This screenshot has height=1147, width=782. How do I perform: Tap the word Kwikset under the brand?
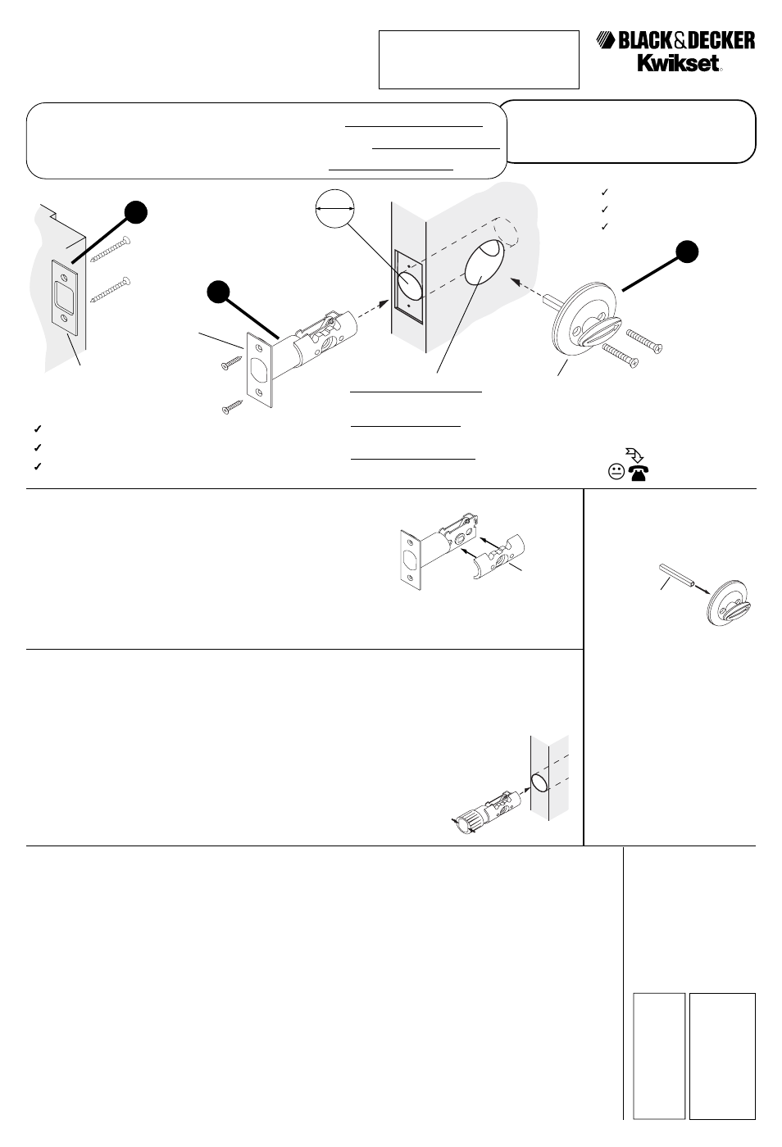coord(680,64)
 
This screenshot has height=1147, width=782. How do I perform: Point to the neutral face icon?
coord(616,472)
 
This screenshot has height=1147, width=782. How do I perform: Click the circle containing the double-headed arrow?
coord(334,210)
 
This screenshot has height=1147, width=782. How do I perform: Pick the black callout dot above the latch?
coord(217,292)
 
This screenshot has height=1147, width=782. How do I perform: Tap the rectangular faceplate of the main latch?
coord(259,370)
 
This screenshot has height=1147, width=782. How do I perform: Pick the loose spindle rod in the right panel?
coord(677,573)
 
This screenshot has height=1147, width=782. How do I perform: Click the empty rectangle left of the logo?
coord(479,60)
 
